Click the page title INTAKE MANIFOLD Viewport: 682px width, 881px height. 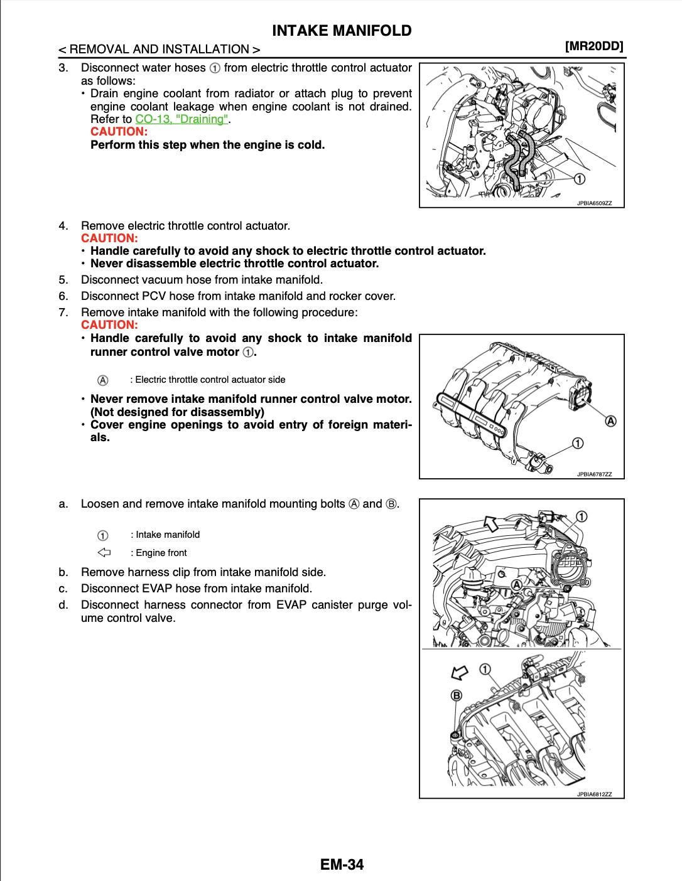[342, 31]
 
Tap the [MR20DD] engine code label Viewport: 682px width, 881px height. [593, 46]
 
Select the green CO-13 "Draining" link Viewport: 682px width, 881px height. [181, 119]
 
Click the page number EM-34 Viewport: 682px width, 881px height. [342, 864]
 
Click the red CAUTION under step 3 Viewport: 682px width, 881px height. [119, 132]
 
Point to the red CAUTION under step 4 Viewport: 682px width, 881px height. [109, 238]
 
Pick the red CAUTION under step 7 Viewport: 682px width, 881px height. [109, 325]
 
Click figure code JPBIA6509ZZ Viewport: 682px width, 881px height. [594, 203]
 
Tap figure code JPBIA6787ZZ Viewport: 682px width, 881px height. [594, 474]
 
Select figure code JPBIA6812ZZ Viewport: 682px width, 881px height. [594, 794]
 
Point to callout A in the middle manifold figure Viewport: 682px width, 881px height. [610, 420]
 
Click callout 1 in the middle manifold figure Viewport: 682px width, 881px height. [577, 444]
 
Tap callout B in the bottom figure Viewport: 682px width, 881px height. [457, 695]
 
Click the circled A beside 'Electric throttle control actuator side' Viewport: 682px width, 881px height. [103, 380]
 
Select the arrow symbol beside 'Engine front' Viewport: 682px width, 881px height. [104, 553]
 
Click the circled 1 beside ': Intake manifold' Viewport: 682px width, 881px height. [103, 535]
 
